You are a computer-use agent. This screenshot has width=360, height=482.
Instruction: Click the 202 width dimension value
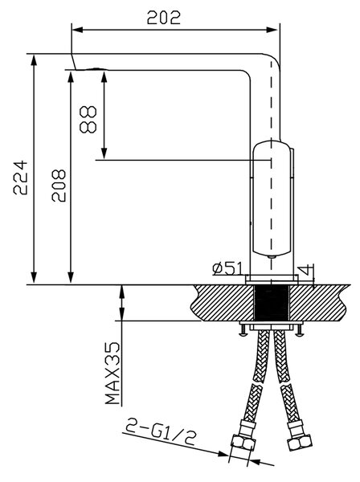tap(163, 18)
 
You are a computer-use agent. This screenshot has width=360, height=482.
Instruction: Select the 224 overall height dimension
tap(20, 178)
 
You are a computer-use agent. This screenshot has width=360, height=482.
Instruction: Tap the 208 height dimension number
tap(59, 186)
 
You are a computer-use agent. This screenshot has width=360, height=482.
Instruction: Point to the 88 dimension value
tap(88, 119)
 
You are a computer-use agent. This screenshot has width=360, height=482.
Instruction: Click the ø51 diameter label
tap(227, 268)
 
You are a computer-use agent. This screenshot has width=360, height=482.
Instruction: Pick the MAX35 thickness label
tap(112, 373)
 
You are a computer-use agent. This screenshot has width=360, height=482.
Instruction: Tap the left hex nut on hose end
tap(243, 443)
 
